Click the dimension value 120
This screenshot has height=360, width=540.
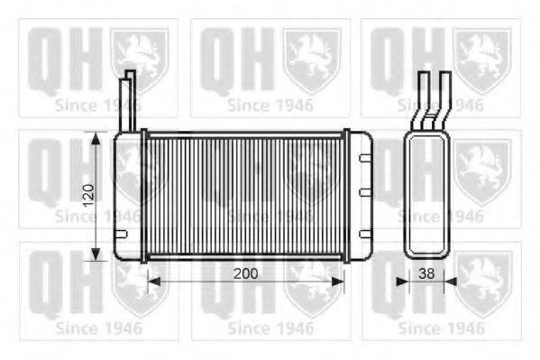[89, 196]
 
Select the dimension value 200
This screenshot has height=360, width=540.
[246, 273]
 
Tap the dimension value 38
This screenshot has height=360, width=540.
[426, 273]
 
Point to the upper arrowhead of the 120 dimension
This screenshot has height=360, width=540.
[96, 138]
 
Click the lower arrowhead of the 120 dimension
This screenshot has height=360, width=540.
[96, 254]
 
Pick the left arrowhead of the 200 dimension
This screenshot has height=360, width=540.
[154, 282]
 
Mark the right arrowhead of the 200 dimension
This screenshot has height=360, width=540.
[337, 282]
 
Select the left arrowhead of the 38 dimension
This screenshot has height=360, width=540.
[402, 282]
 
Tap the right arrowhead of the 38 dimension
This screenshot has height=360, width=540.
[451, 282]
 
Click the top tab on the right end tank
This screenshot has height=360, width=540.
[365, 158]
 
